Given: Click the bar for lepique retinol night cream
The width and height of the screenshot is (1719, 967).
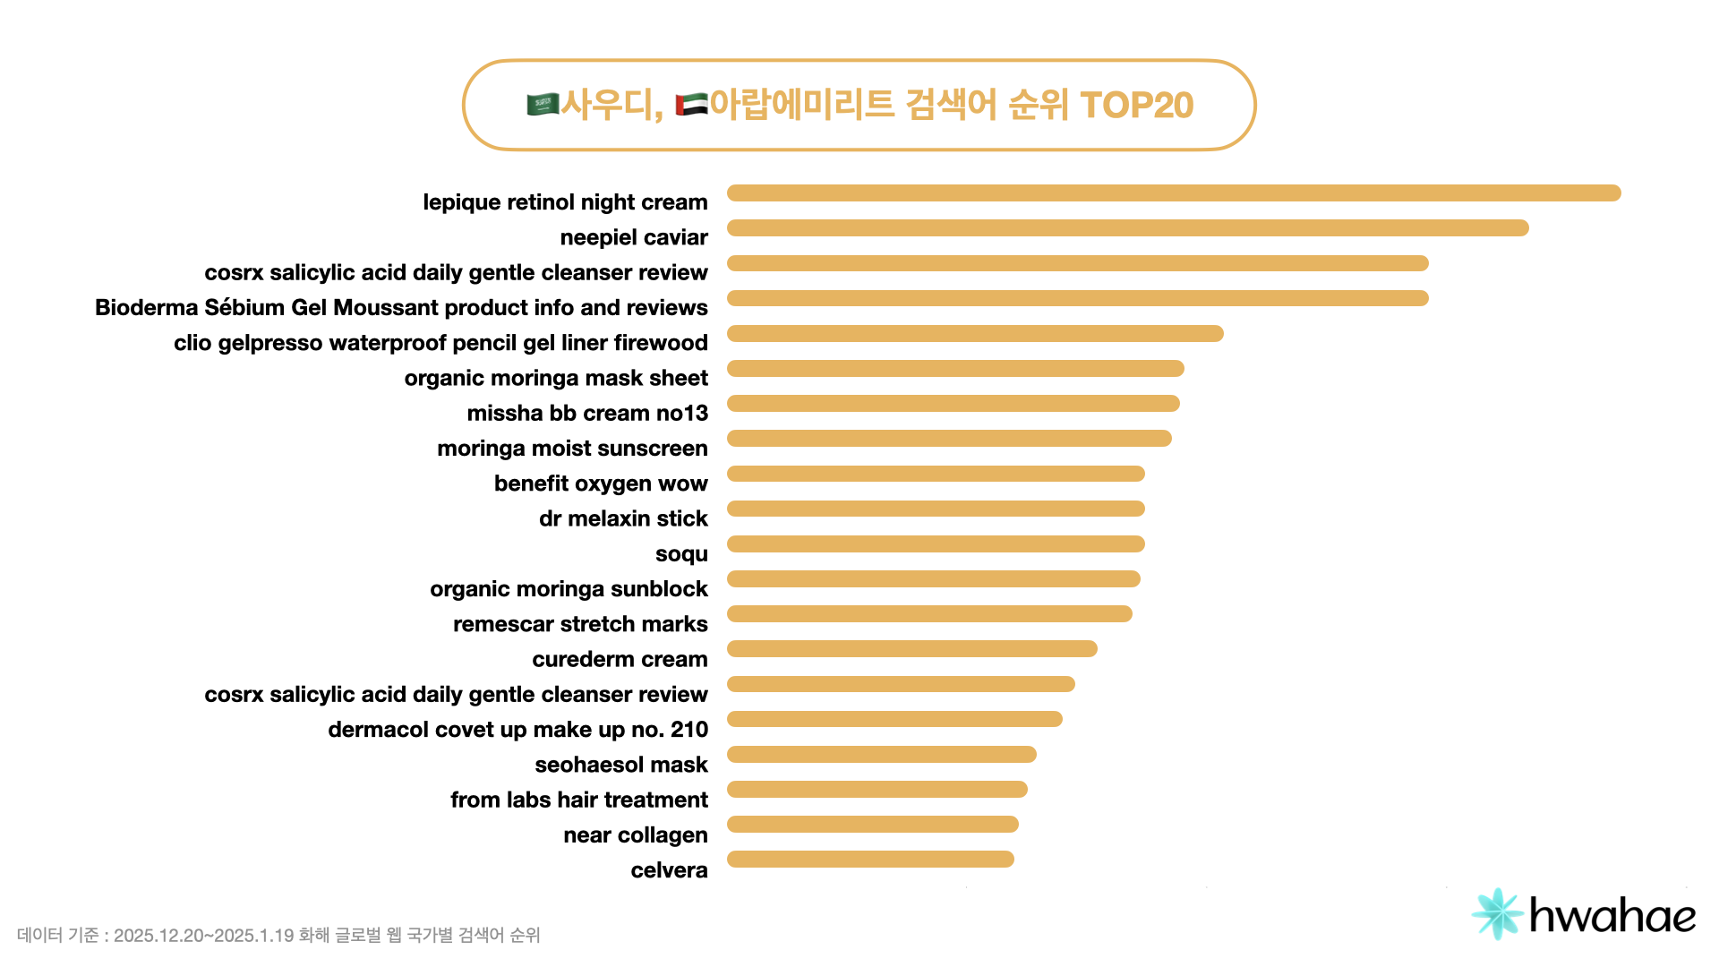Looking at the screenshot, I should pyautogui.click(x=1173, y=193).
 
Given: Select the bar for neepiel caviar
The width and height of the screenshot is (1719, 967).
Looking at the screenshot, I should pyautogui.click(x=1127, y=228).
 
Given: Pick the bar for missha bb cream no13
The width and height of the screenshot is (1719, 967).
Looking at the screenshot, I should pyautogui.click(x=953, y=404).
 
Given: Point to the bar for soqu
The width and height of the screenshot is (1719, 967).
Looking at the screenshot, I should pyautogui.click(x=936, y=544).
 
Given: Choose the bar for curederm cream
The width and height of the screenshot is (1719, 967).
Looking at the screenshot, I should pyautogui.click(x=911, y=649).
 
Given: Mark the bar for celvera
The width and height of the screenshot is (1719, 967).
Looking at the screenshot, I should pyautogui.click(x=870, y=860).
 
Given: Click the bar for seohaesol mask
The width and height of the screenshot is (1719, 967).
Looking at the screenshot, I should pyautogui.click(x=881, y=755).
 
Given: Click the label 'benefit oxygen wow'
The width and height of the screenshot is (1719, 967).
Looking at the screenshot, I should pyautogui.click(x=601, y=483).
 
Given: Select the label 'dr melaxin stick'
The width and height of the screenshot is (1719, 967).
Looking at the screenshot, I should pyautogui.click(x=623, y=518).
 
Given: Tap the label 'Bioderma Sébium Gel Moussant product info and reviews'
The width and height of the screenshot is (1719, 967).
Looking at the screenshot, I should pyautogui.click(x=401, y=307).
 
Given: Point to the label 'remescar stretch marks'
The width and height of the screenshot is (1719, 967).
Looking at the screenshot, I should pyautogui.click(x=580, y=624).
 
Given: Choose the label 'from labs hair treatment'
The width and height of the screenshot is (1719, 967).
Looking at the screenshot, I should pyautogui.click(x=578, y=800).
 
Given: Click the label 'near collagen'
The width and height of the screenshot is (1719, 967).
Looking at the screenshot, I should pyautogui.click(x=635, y=835).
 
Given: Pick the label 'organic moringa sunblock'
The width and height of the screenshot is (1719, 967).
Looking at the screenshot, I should pyautogui.click(x=569, y=589).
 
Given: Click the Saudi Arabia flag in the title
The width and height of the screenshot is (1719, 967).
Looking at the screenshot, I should pyautogui.click(x=543, y=105).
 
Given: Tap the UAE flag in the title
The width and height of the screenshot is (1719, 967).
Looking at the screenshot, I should pyautogui.click(x=691, y=105).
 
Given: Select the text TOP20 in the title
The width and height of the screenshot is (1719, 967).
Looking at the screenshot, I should pyautogui.click(x=1136, y=105).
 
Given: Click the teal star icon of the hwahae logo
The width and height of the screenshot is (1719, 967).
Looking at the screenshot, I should pyautogui.click(x=1497, y=914).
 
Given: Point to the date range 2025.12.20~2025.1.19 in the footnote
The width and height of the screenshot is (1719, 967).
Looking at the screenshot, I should pyautogui.click(x=203, y=936).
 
